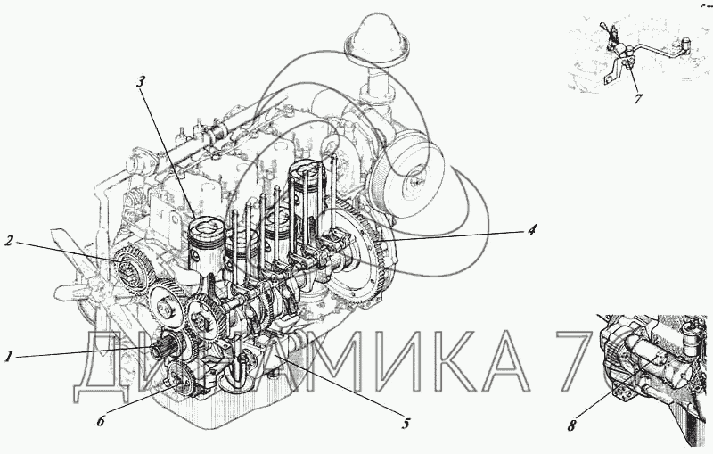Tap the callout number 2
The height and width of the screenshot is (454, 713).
[9, 241]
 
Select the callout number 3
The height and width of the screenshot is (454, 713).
[141, 82]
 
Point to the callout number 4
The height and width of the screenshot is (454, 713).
[531, 229]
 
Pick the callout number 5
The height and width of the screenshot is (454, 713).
[406, 424]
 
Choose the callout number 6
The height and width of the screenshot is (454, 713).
[101, 421]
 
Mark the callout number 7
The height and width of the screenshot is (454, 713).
[638, 99]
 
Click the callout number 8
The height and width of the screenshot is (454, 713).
[571, 425]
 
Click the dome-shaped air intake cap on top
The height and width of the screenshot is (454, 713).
[377, 37]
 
